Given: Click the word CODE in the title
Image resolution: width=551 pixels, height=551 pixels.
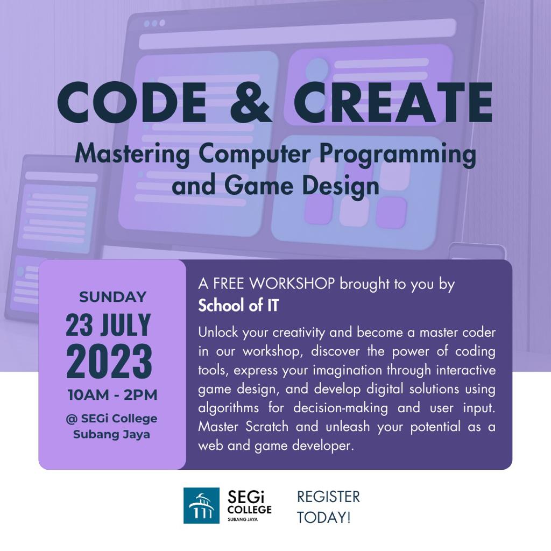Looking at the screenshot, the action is coord(132,102).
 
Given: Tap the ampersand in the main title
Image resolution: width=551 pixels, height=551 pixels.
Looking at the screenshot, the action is coord(251,102).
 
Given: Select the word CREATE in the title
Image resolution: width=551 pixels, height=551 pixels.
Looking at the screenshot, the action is coord(393,102).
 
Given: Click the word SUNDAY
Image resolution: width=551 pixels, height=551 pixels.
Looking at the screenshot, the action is coord(112,297).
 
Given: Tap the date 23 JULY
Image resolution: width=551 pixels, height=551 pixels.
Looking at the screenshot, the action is coord(108,325).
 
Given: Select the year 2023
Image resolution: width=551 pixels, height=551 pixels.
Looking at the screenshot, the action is coord(109,361).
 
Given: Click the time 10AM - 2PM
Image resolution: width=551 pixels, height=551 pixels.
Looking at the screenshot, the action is coord(112,395).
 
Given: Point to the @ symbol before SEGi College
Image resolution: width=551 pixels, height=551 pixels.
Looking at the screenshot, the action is coord(72,419).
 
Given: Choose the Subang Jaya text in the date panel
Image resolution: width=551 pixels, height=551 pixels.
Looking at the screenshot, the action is coord(111,434).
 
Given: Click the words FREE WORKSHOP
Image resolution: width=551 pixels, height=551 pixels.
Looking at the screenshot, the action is coord(274,284).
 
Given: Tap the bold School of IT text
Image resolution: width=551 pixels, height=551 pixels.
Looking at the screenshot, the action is coord(238,305).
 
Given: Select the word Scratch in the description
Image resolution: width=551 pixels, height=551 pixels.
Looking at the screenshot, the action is coord(267,427).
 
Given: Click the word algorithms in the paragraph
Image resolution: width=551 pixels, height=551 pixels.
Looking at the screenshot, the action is coord(228,408).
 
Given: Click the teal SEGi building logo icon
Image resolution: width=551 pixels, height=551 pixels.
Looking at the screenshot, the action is coord(201,506).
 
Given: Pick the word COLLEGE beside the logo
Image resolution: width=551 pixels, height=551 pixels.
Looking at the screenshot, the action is coord(250,510).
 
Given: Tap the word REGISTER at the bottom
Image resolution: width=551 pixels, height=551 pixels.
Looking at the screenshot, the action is coord(329,497).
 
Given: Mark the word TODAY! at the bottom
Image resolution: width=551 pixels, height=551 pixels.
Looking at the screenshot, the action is coord(323,518).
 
